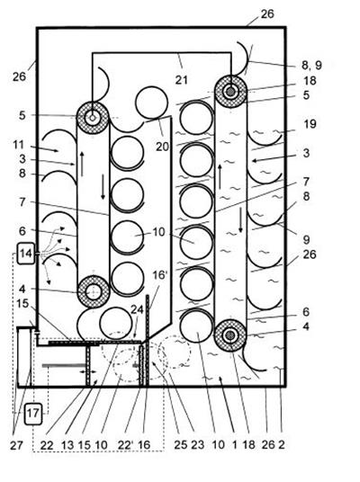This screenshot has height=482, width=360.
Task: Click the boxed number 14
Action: [26, 254]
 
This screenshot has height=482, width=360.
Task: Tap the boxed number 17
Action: [33, 414]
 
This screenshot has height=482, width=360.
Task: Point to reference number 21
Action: [182, 80]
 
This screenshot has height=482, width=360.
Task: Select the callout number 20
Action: [162, 147]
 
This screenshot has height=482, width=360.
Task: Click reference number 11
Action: [19, 145]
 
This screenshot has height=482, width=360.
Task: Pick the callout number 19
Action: [310, 124]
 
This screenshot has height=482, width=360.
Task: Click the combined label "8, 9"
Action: [311, 65]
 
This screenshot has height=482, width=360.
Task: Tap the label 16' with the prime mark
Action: [159, 275]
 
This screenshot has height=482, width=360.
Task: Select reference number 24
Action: [137, 309]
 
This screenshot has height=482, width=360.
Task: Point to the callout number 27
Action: [16, 445]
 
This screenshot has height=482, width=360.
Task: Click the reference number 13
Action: [67, 445]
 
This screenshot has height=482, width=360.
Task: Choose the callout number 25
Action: [180, 445]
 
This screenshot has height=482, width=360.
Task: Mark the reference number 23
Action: [197, 445]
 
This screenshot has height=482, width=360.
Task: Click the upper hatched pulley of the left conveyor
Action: [93, 118]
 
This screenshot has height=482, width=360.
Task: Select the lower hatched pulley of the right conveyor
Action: [229, 335]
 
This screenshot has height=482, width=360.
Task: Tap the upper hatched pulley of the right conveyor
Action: [230, 92]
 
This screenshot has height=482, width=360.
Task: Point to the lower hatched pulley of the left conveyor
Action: [94, 291]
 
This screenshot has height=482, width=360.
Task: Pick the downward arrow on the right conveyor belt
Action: [240, 220]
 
